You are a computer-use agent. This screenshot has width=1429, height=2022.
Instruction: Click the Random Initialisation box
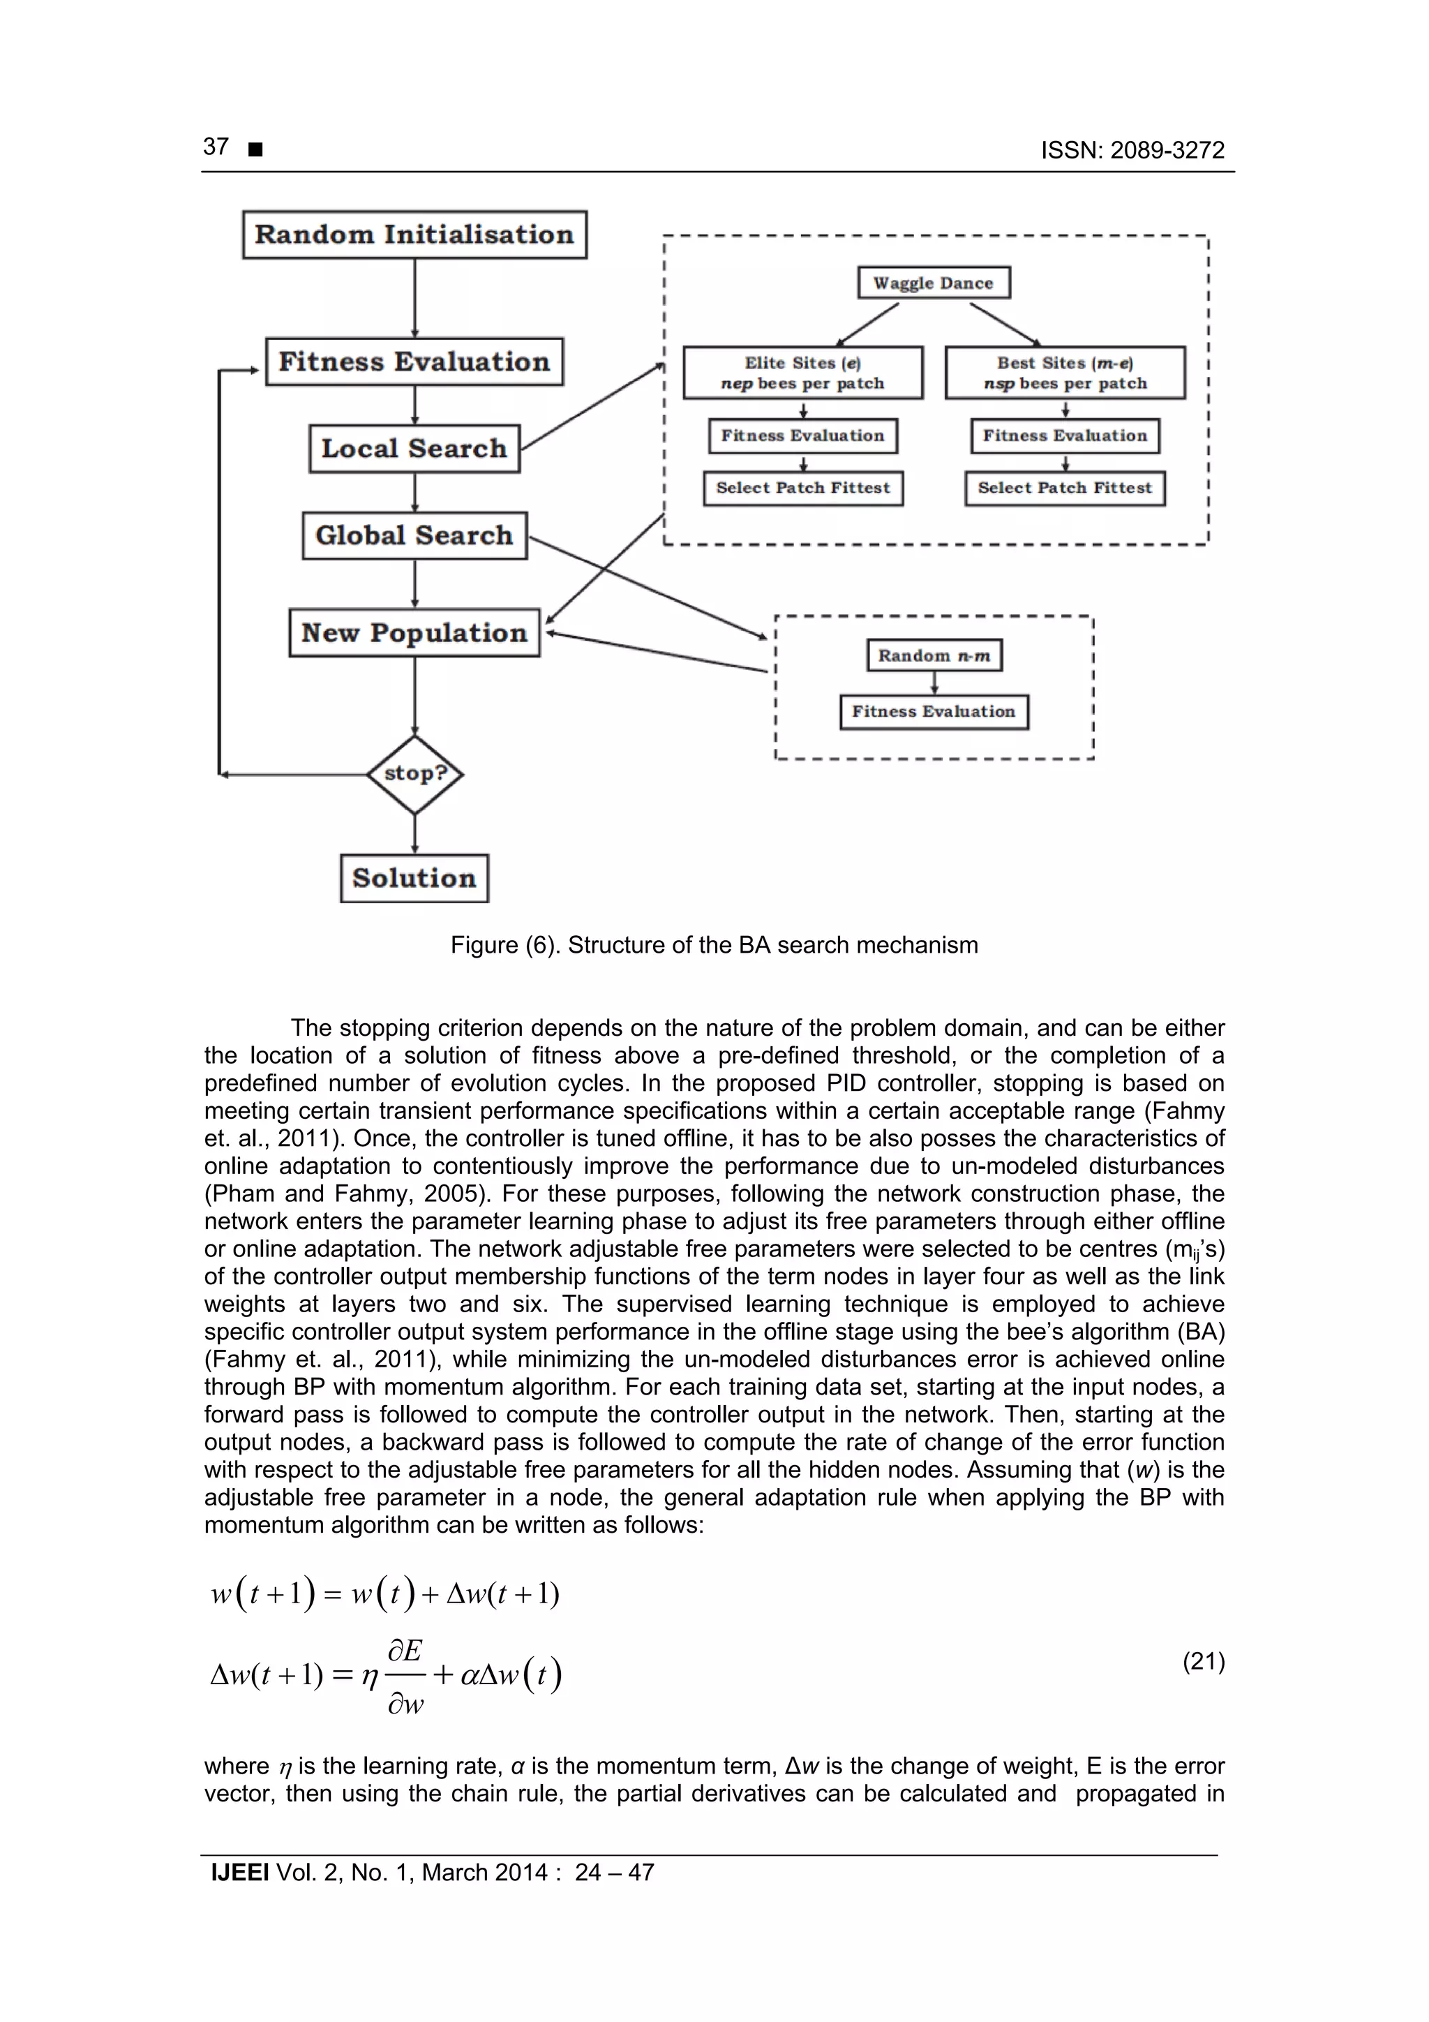pyautogui.click(x=414, y=235)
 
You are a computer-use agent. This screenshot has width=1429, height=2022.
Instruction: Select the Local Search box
pyautogui.click(x=414, y=448)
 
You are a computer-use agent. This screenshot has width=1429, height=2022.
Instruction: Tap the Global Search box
pyautogui.click(x=414, y=535)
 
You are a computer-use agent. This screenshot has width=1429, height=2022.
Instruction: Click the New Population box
pyautogui.click(x=414, y=632)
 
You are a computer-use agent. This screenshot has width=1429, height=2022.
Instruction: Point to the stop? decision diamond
pyautogui.click(x=414, y=774)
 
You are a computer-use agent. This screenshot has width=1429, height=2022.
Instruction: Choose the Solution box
pyautogui.click(x=414, y=878)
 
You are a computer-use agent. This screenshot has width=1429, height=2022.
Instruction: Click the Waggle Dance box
pyautogui.click(x=934, y=283)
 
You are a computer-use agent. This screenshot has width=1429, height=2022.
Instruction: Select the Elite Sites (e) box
pyautogui.click(x=802, y=373)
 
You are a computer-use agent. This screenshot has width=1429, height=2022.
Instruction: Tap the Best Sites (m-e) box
pyautogui.click(x=1065, y=373)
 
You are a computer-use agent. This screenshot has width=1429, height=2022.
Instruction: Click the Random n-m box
pyautogui.click(x=934, y=655)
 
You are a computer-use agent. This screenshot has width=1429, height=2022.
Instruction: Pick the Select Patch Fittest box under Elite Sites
pyautogui.click(x=802, y=488)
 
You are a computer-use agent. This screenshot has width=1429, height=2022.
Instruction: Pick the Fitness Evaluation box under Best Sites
pyautogui.click(x=1065, y=435)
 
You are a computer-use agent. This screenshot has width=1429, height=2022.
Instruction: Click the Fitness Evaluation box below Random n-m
pyautogui.click(x=934, y=712)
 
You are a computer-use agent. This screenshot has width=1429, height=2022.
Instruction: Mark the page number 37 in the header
pyautogui.click(x=216, y=147)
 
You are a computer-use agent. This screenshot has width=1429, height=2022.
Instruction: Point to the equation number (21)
pyautogui.click(x=1203, y=1661)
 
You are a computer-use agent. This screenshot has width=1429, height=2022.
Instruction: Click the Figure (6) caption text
pyautogui.click(x=714, y=945)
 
